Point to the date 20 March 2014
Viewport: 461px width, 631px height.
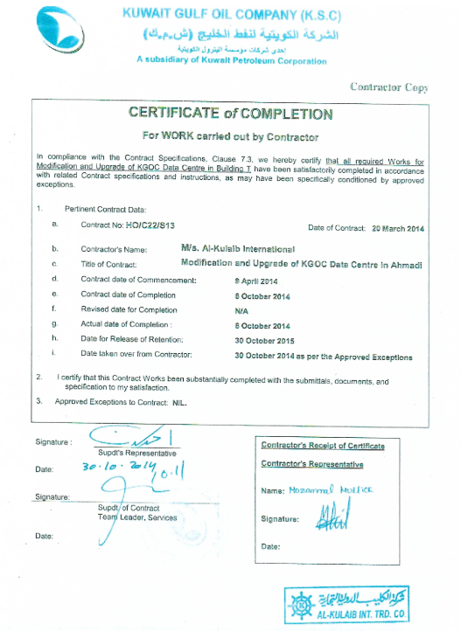(x=397, y=227)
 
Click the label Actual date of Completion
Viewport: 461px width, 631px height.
(x=122, y=325)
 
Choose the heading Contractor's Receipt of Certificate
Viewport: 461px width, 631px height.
(x=323, y=446)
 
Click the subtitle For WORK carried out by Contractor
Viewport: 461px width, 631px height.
(x=231, y=136)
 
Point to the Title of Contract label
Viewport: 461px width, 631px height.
(x=105, y=265)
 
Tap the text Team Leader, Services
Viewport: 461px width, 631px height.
(x=137, y=517)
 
